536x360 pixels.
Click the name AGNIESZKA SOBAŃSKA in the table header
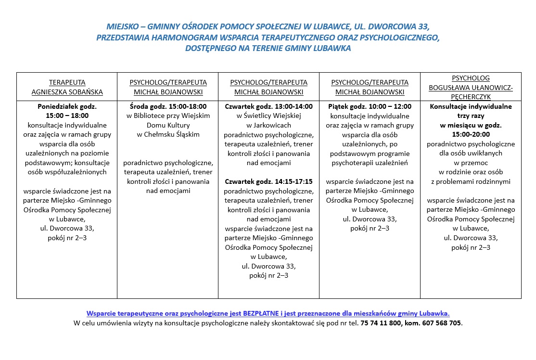click(x=67, y=92)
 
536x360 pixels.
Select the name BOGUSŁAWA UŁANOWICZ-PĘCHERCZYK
click(x=471, y=92)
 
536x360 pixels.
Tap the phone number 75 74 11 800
click(x=380, y=323)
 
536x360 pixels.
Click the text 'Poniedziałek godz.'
click(x=67, y=106)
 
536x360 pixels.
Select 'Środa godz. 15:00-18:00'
click(x=168, y=106)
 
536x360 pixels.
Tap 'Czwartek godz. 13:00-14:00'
click(x=268, y=106)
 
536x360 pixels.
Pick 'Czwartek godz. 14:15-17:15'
click(x=268, y=181)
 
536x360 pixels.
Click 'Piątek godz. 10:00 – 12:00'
click(x=370, y=106)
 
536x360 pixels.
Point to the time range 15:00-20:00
click(x=471, y=134)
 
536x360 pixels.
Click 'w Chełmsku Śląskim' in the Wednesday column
click(x=168, y=134)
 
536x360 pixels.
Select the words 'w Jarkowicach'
click(x=268, y=125)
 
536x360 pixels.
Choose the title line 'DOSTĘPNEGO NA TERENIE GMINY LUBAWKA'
click(x=268, y=49)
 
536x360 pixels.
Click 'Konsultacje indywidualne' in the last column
click(x=471, y=106)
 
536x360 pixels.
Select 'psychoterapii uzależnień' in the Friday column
click(x=370, y=163)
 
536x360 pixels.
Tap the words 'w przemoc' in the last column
click(x=471, y=163)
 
